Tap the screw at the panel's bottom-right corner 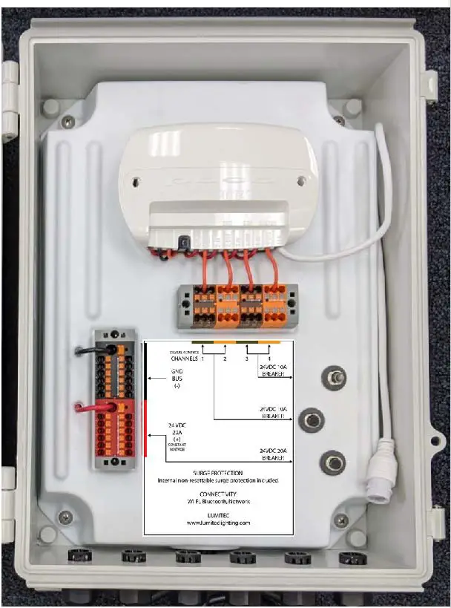(340, 519)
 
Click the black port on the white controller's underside (181, 241)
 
